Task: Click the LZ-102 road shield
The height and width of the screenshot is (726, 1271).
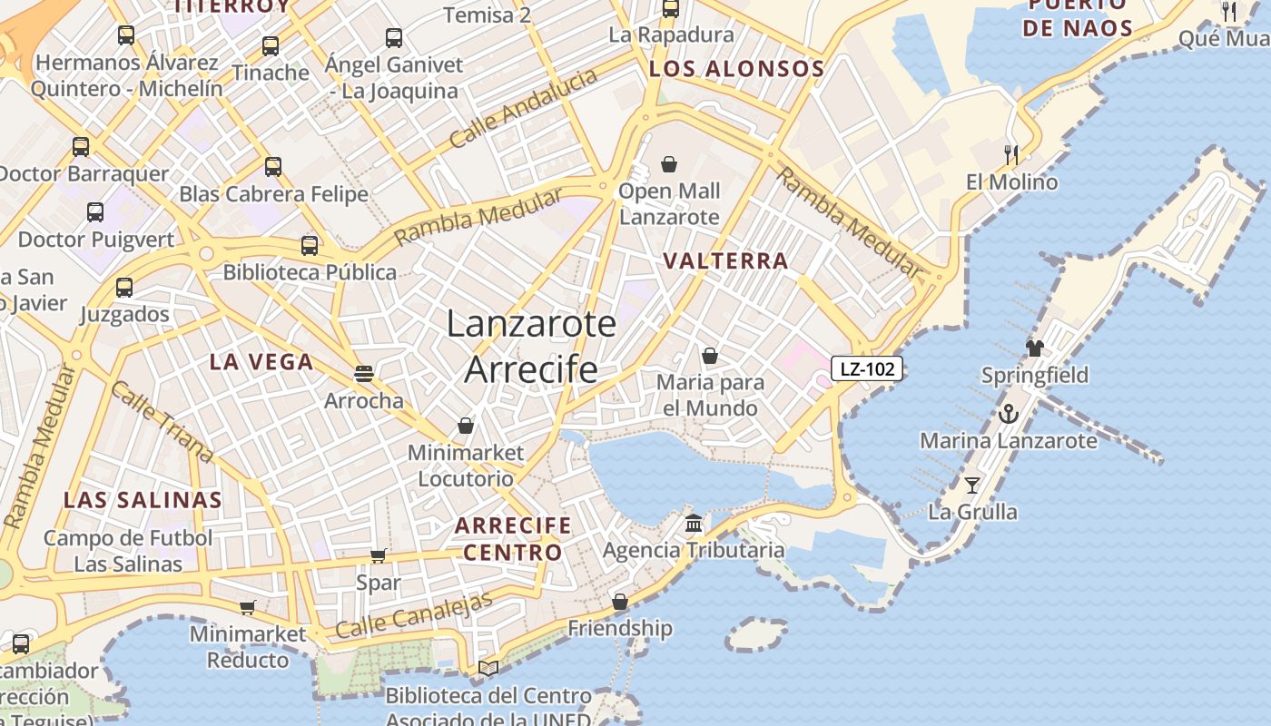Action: click(867, 368)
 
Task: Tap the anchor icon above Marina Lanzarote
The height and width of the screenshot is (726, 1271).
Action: click(1008, 415)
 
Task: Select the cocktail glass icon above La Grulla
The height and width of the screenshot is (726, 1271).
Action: click(972, 486)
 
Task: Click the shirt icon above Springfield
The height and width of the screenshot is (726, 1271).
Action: click(1035, 348)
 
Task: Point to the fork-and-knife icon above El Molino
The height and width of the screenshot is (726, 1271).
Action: click(1011, 155)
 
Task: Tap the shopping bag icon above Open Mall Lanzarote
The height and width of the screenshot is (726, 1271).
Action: click(669, 164)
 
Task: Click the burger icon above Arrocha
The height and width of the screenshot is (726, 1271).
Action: click(364, 373)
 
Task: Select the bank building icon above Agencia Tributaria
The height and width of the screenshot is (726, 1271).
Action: click(695, 524)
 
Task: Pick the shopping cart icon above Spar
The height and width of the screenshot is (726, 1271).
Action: click(379, 555)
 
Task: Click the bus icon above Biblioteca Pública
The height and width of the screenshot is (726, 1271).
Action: click(310, 245)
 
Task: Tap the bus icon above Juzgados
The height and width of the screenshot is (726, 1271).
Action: click(124, 288)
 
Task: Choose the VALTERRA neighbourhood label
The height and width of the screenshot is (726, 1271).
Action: click(725, 261)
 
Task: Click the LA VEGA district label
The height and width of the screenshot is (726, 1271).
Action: click(261, 362)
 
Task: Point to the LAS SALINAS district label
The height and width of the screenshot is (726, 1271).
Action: click(143, 500)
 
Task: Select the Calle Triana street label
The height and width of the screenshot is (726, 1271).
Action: click(162, 422)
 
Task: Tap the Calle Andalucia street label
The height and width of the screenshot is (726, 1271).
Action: click(524, 108)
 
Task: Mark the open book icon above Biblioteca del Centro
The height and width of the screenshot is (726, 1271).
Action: click(488, 669)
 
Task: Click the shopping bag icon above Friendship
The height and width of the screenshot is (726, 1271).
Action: click(620, 602)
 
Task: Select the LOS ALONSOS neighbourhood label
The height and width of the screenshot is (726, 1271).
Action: click(736, 69)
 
